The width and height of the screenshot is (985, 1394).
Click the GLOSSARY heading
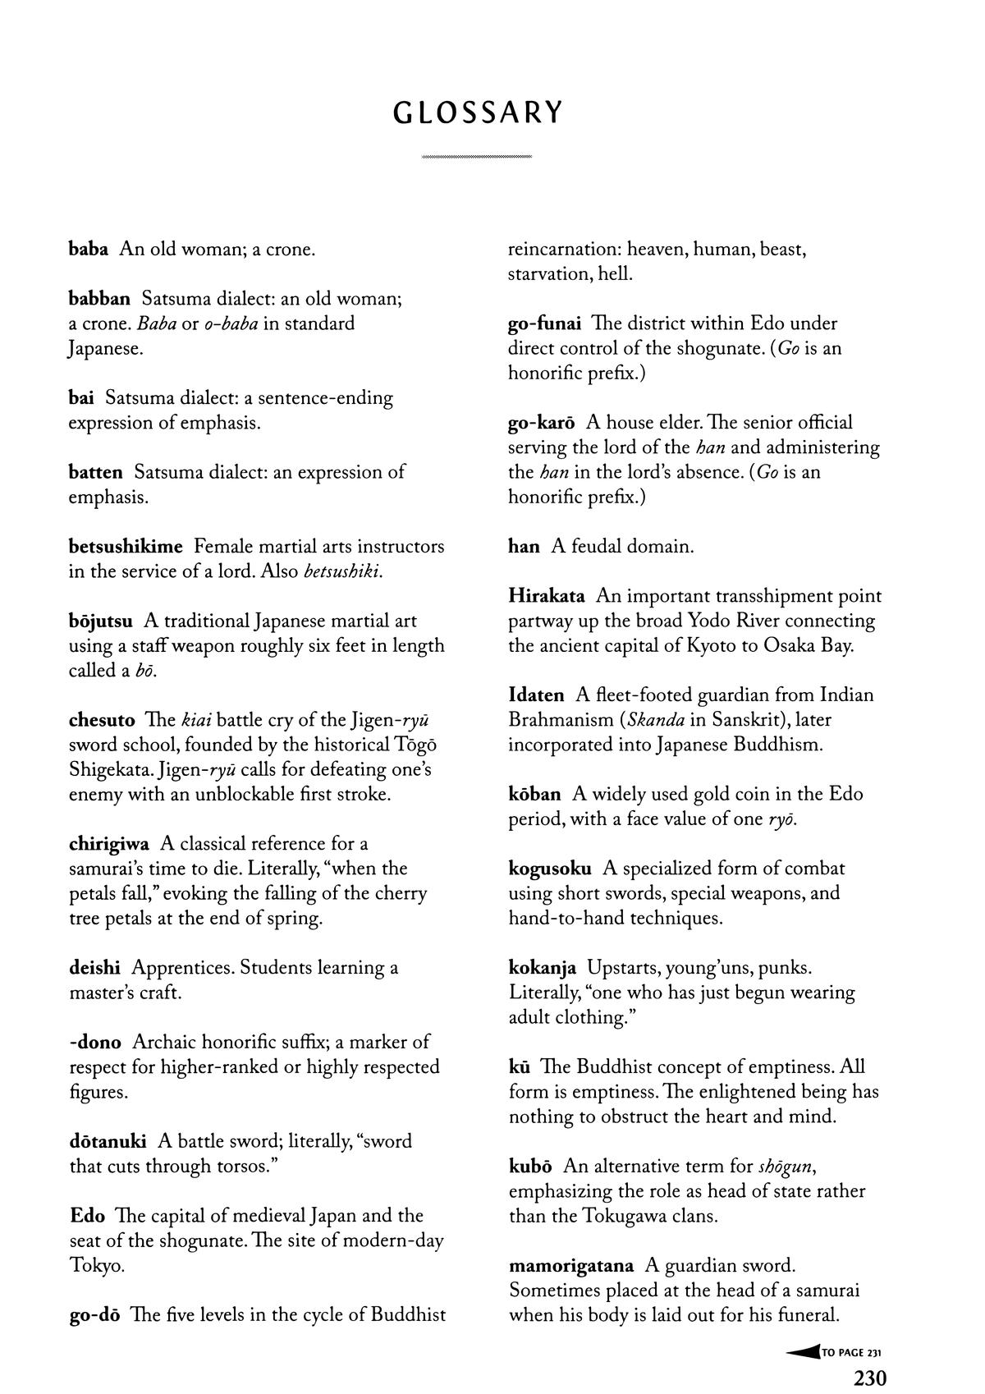[478, 112]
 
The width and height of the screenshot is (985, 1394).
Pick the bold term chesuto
[102, 720]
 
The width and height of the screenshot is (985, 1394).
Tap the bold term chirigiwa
[109, 844]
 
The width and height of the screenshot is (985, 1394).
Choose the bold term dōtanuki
[108, 1141]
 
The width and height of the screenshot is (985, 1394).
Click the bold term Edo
[88, 1216]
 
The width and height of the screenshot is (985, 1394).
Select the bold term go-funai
[544, 323]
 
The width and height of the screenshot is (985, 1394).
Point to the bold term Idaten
[537, 695]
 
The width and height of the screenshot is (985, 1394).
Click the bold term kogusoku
[550, 869]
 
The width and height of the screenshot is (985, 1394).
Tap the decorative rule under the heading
[476, 156]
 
